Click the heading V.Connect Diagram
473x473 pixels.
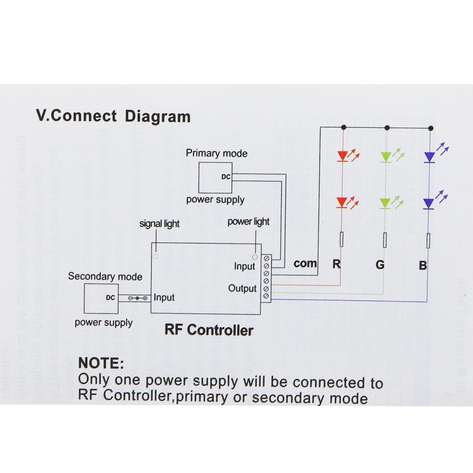click(114, 116)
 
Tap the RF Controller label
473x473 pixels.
click(209, 330)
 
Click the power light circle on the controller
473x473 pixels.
click(254, 257)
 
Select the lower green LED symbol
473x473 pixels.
click(385, 204)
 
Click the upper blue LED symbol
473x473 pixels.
click(429, 157)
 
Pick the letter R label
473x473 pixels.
click(336, 264)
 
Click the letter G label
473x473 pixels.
click(380, 265)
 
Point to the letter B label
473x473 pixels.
click(423, 265)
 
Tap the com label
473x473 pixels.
click(305, 263)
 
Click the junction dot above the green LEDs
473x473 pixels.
click(387, 128)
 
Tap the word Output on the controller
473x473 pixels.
click(242, 288)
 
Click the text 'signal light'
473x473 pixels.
click(159, 224)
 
